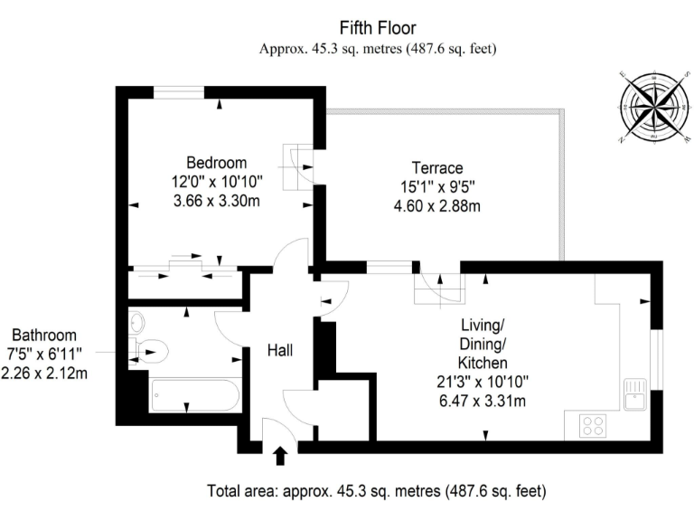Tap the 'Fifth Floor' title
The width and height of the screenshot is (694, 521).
pos(378,27)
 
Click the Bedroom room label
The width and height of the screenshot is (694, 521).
pos(216,163)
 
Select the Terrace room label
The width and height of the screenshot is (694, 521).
pos(437,168)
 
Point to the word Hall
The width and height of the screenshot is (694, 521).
pos(280,349)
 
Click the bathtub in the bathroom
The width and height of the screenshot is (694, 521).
pos(194,394)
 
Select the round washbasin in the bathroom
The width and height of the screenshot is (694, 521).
pos(137,321)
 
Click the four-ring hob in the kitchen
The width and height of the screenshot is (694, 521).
pos(593,424)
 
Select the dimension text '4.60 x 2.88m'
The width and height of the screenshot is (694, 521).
pos(437,206)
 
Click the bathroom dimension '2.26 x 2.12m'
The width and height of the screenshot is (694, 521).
pos(44,373)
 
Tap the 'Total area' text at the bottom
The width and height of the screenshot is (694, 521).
pos(377,492)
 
